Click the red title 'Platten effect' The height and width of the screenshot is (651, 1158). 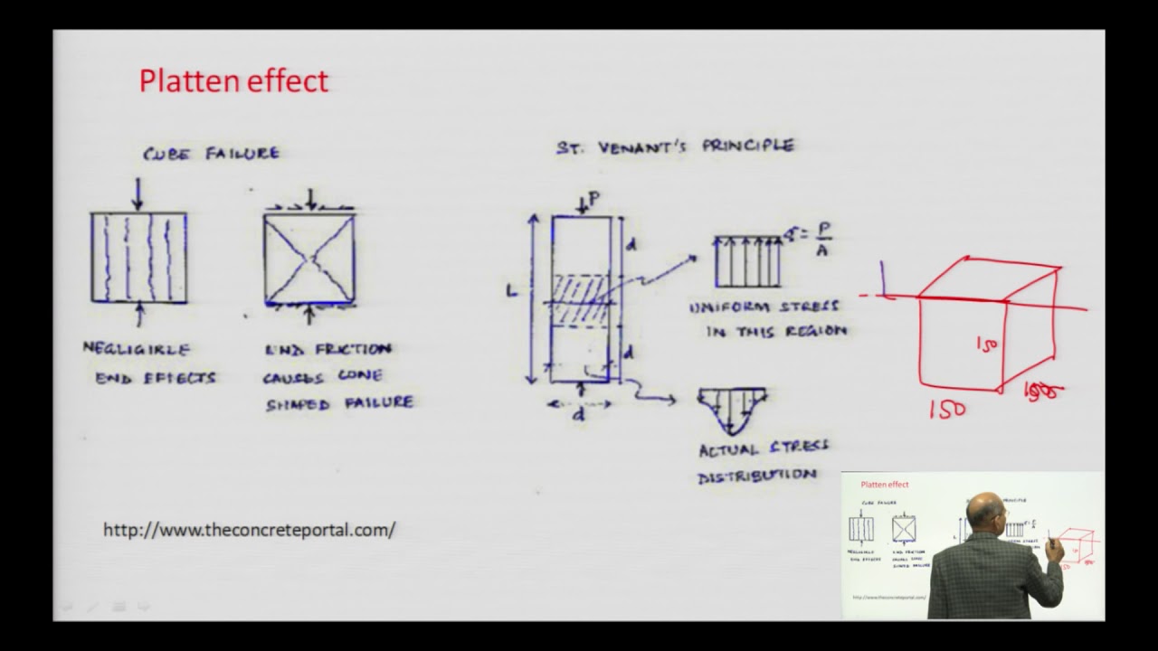coord(233,81)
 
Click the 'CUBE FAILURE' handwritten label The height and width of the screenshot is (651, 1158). coord(211,153)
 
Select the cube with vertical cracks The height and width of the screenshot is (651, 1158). coord(138,257)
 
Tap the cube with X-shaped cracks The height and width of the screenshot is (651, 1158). coord(309,258)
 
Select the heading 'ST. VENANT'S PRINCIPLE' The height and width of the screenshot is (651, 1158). coord(675,146)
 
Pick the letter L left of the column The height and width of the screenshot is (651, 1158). coord(513,292)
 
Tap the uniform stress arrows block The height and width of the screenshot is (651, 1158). coord(748,262)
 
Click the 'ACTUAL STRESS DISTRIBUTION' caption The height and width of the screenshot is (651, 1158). coord(763,460)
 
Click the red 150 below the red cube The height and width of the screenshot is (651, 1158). coord(947,409)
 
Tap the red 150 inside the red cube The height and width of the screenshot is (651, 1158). coord(987,344)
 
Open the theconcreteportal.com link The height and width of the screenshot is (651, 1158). coord(249,530)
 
